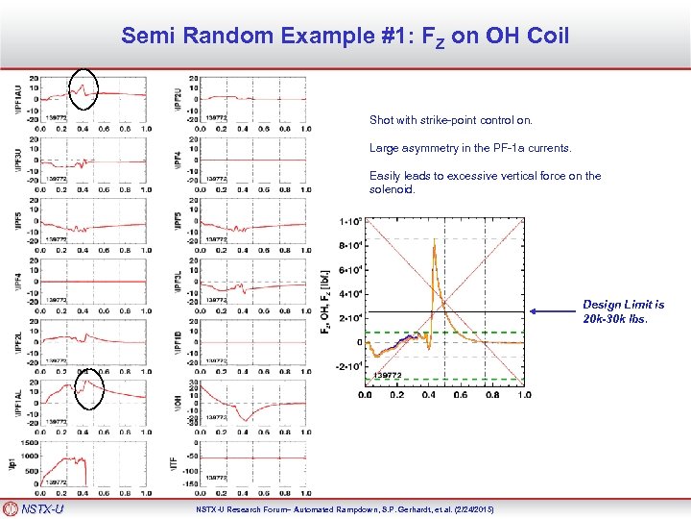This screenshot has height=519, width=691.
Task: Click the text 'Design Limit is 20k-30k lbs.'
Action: (x=623, y=310)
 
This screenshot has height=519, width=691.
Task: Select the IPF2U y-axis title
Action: (x=179, y=99)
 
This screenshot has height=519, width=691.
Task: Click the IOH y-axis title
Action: (x=179, y=402)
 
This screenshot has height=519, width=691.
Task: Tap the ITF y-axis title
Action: (x=179, y=462)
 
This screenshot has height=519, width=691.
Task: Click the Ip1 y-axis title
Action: (x=12, y=462)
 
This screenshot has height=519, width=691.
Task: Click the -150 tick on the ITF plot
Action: (x=189, y=484)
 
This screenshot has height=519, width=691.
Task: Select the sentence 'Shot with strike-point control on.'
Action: (x=450, y=121)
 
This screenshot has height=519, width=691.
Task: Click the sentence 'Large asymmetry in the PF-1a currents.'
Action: (x=469, y=148)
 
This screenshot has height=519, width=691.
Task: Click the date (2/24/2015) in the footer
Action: (x=472, y=508)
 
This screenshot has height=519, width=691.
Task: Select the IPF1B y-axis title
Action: (x=179, y=341)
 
